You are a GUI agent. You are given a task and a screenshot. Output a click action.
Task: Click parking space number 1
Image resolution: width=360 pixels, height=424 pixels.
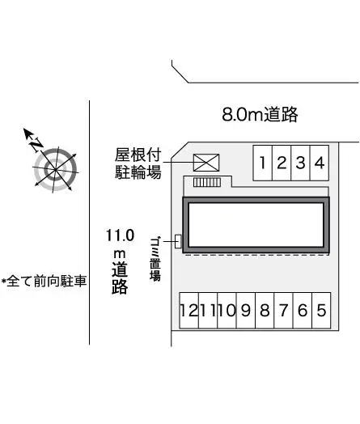pos(262,163)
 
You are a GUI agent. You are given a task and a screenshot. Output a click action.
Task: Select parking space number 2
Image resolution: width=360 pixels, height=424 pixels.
pos(282,163)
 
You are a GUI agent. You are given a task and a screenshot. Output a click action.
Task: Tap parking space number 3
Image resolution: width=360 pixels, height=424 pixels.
pos(301,163)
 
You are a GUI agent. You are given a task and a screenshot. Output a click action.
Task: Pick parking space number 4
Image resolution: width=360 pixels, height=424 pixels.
pos(320,163)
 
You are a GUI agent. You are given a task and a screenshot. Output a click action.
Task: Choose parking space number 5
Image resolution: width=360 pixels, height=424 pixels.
pos(321,311)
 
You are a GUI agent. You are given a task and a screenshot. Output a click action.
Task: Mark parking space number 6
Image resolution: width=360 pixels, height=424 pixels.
pos(303,311)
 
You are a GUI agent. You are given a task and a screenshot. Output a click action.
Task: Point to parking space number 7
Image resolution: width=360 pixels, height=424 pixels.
pos(283,311)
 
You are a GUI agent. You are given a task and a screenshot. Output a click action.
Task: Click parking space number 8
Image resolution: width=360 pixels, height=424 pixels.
pos(265,311)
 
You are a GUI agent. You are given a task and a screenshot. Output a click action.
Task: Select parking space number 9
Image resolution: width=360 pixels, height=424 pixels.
pos(246,311)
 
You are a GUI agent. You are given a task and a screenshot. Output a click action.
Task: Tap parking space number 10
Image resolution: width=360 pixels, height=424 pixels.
pos(227,311)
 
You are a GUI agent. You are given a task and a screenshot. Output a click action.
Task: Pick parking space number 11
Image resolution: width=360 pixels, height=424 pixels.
pos(208,311)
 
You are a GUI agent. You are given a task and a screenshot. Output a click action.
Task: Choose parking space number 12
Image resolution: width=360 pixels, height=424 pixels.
pos(189,311)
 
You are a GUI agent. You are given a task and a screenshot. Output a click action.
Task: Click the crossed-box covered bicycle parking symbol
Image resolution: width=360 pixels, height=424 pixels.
pos(206,163)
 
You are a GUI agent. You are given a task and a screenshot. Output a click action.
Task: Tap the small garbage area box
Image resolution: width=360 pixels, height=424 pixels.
pos(178,241)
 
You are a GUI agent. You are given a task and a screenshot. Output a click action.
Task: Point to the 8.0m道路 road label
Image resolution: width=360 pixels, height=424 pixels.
pos(260,114)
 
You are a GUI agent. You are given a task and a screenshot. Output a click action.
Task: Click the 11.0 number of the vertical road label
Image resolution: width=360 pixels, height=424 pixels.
pos(120,235)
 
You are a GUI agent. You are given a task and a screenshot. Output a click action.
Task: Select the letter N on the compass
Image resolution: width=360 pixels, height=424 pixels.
pos(36,144)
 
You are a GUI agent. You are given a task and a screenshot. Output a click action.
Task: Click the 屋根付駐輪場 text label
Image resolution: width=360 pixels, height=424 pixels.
pos(138,163)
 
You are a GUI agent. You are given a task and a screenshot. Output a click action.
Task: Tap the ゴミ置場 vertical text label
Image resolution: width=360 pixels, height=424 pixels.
pos(155,259)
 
